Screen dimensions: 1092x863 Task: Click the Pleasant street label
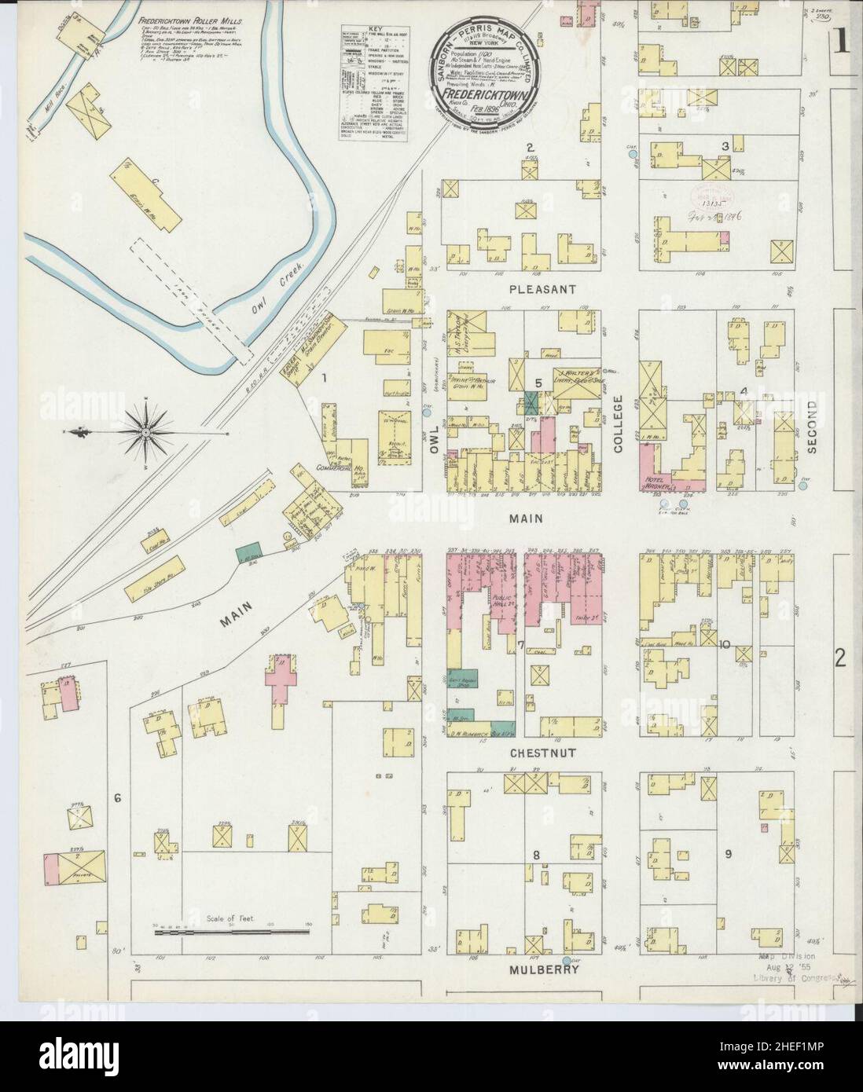(542, 289)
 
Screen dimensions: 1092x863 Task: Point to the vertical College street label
(618, 423)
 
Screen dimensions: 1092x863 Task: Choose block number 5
(538, 383)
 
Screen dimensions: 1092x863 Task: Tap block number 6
(117, 799)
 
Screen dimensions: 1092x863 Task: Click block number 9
(729, 854)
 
